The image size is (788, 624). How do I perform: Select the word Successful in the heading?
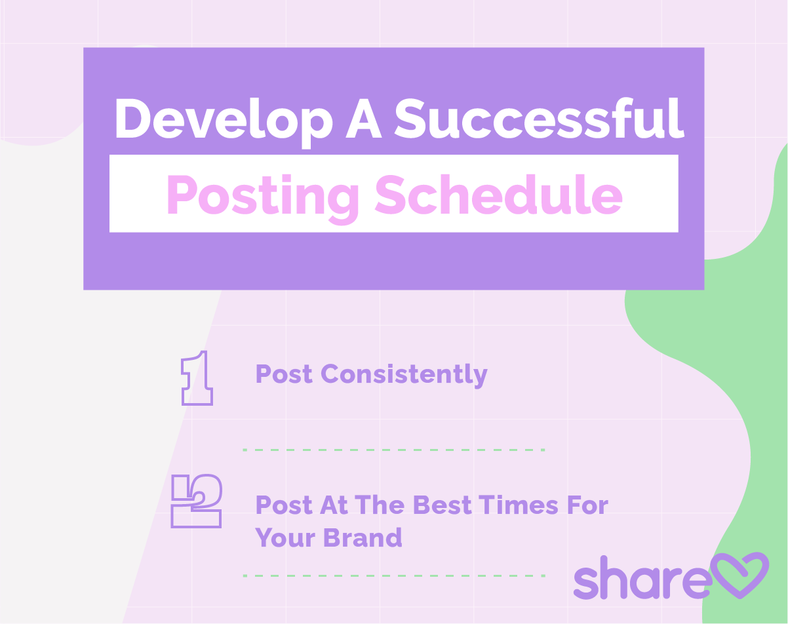tap(539, 118)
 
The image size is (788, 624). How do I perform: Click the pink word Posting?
tap(262, 197)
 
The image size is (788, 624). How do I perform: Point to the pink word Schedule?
tap(498, 195)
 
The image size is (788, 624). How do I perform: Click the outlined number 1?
tap(197, 378)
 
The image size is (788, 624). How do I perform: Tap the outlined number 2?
tap(197, 501)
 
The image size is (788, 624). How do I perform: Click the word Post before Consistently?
tap(284, 374)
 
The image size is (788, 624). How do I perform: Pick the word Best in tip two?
tap(443, 506)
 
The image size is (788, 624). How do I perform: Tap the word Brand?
tap(363, 538)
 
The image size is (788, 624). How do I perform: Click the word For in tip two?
tap(587, 506)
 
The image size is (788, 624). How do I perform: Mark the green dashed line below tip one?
tap(394, 450)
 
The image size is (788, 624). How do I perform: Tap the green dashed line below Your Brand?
tap(394, 575)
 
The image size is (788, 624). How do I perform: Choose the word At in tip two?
tap(333, 506)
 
